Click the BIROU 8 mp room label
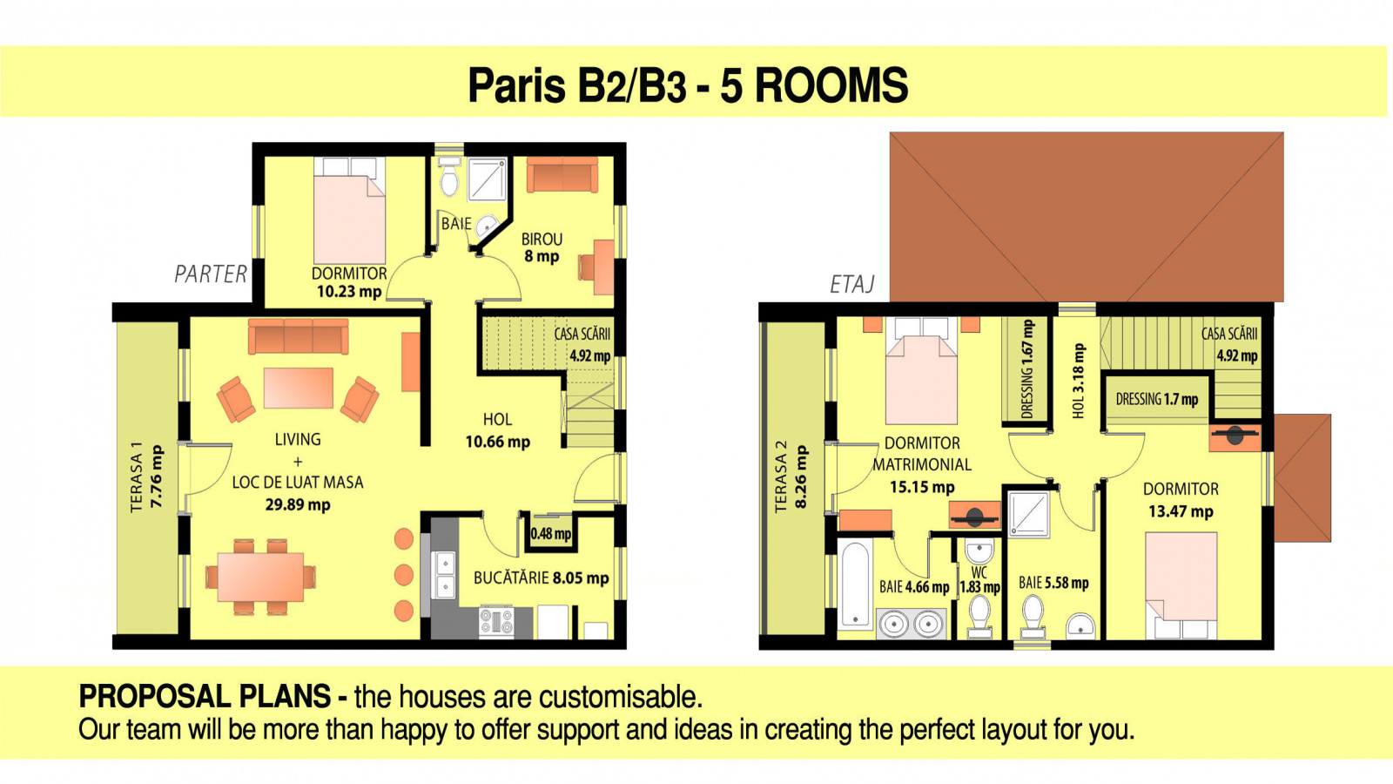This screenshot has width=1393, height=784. [542, 247]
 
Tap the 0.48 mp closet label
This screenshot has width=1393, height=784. [551, 534]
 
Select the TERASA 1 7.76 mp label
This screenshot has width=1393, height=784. [147, 477]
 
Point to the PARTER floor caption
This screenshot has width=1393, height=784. [210, 274]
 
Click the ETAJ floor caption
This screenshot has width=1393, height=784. [852, 284]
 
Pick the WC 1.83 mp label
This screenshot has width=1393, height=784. [979, 580]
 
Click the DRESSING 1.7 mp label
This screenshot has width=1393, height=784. [1157, 399]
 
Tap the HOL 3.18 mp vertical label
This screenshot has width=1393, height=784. [1079, 381]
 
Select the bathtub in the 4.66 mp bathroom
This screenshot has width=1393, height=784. [854, 585]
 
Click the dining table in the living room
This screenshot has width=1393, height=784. [260, 577]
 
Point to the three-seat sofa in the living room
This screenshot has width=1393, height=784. [298, 336]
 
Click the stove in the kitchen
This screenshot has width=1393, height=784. [496, 622]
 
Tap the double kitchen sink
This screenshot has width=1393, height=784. [445, 575]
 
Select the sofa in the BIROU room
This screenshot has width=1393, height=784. [562, 174]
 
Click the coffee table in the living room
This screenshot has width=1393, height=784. [298, 388]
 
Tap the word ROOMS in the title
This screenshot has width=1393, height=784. [831, 85]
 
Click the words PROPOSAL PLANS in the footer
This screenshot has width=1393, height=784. [204, 696]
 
